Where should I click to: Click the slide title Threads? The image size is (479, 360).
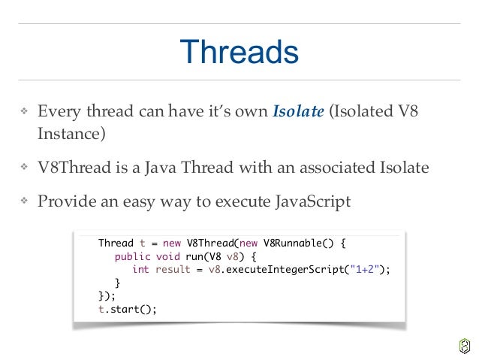pos(239,53)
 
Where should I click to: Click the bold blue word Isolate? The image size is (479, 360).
pos(298,112)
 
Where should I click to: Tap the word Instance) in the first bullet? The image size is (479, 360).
pos(72,134)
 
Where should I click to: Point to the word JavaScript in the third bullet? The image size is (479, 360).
pos(312,201)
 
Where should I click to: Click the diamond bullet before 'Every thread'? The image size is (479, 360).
pos(24,113)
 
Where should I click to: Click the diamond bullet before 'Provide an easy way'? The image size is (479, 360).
pos(24,202)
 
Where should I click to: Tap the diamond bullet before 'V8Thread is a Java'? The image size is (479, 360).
pos(24,168)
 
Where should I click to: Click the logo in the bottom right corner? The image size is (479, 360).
pos(464,345)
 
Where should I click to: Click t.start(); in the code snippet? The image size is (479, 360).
pos(128,309)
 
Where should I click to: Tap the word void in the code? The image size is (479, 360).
pos(164,256)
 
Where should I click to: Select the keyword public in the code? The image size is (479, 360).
pos(131,256)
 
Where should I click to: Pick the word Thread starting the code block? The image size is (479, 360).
pos(116,244)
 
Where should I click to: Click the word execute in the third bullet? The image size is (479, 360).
pos(218,201)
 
